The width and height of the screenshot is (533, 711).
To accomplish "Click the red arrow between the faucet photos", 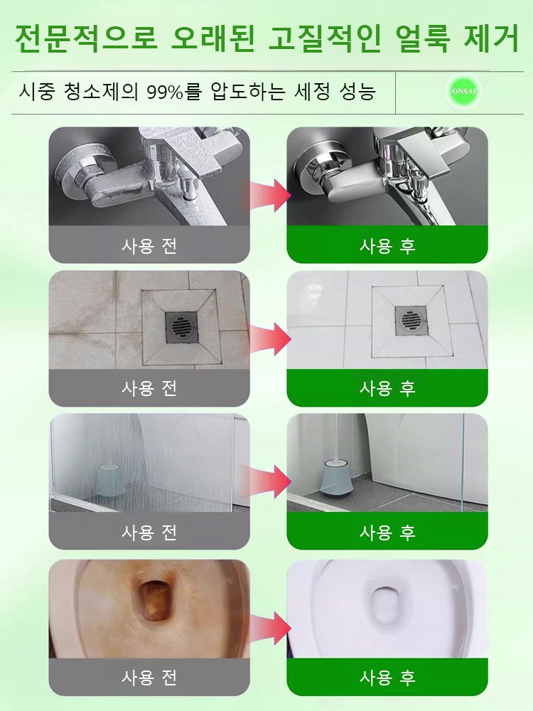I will (x=266, y=194).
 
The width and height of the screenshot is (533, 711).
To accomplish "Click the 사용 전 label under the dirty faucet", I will (x=149, y=246).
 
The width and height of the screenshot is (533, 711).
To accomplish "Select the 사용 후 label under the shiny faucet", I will (x=387, y=246).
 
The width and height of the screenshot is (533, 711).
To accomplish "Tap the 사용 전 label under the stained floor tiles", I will (x=149, y=388).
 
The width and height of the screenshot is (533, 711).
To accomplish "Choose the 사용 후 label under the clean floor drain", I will (x=387, y=388).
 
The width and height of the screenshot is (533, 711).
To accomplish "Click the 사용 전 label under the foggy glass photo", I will (x=149, y=532).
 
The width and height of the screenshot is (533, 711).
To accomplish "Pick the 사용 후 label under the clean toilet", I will (x=387, y=675).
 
